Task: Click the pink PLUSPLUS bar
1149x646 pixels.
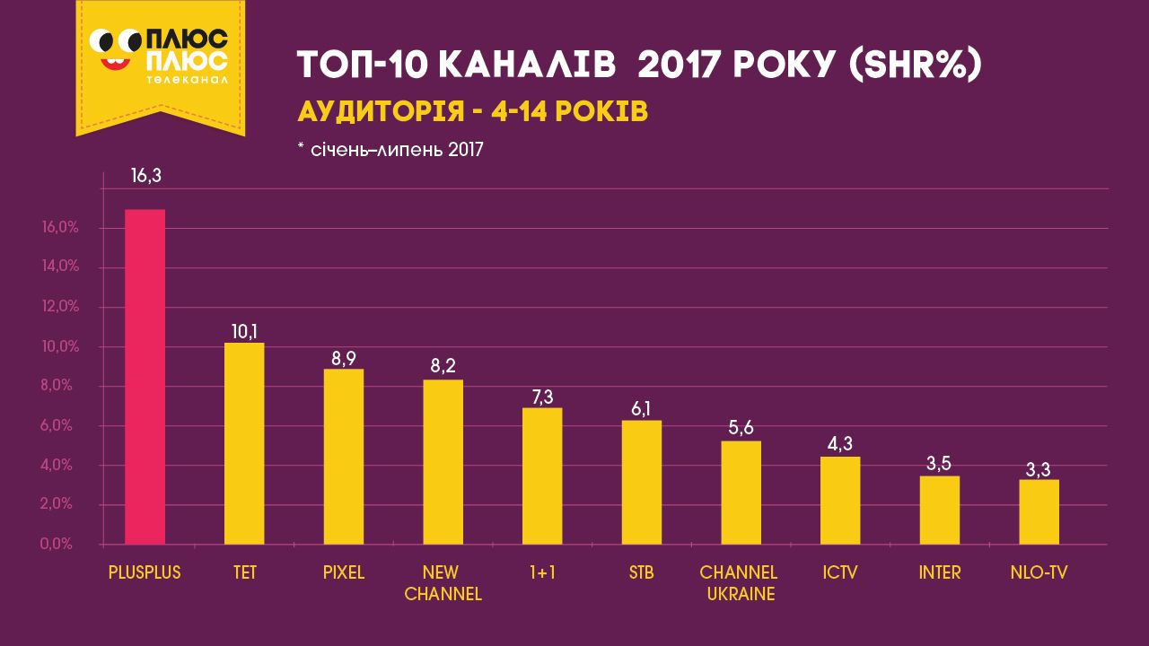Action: pos(145,377)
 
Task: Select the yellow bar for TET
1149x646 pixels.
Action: pos(244,443)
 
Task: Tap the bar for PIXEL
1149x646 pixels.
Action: pos(343,457)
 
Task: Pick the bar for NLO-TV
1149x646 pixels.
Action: pos(1039,512)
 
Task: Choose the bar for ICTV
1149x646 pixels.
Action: pos(840,501)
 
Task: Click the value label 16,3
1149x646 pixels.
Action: pos(145,176)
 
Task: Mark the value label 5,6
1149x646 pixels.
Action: pos(741,427)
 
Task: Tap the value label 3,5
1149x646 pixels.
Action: pos(940,463)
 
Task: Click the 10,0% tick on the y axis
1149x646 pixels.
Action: pos(61,346)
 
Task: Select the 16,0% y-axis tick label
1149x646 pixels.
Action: pos(61,228)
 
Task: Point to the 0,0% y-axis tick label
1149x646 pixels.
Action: pos(61,545)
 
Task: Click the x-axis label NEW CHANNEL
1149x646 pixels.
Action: pos(443,582)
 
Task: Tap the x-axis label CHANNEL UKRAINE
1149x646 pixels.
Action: pos(739,582)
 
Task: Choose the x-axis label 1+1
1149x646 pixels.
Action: pos(542,572)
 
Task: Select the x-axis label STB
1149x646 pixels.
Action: pos(641,572)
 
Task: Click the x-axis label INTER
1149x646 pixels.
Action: pos(940,572)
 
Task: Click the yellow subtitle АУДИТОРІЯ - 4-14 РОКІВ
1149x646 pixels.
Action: pos(471,112)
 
